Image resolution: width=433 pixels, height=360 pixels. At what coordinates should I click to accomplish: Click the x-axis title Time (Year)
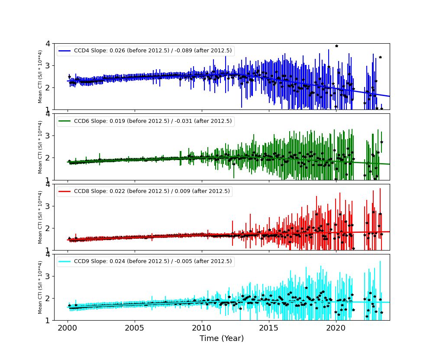(x=222, y=338)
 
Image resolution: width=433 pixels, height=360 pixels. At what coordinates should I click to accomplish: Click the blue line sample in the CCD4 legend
(x=65, y=51)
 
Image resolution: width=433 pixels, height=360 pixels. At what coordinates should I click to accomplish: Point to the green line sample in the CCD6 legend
(x=65, y=121)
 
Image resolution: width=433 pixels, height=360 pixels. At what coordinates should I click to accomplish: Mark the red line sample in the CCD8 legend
(x=65, y=192)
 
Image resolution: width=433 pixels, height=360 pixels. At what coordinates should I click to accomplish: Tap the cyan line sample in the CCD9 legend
(x=65, y=261)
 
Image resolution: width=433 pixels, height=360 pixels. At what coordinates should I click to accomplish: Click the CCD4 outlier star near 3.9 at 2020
(x=336, y=46)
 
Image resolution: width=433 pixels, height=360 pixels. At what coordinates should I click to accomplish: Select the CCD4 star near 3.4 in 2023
(x=380, y=57)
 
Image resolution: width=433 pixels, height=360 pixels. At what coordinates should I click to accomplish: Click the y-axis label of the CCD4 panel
(x=40, y=77)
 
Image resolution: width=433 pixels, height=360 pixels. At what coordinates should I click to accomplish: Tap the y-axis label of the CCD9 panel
(x=40, y=287)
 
